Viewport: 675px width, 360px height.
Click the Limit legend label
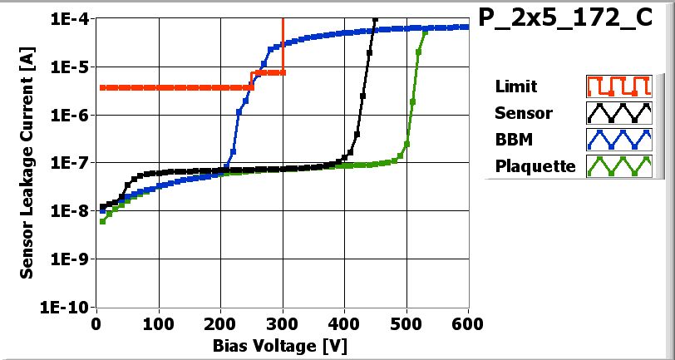point(515,86)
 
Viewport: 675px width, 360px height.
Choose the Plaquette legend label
point(535,166)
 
